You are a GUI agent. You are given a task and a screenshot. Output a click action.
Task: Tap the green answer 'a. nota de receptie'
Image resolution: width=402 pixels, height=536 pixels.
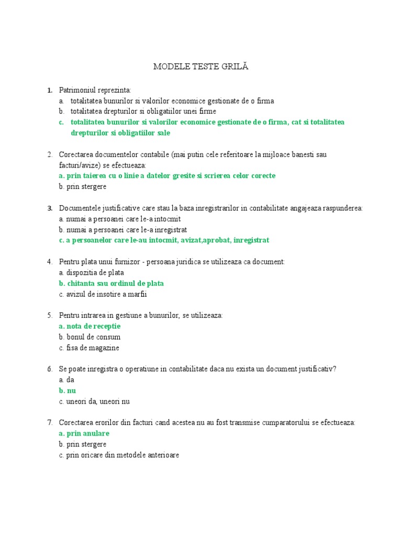[x=90, y=326]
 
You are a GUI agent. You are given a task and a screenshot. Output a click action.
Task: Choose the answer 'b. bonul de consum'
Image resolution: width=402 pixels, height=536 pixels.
[x=90, y=337]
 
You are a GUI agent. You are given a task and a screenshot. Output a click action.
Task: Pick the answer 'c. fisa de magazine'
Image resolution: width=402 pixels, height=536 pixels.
[x=89, y=348]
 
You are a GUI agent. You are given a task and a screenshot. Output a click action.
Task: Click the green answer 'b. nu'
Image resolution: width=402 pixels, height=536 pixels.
[x=68, y=390]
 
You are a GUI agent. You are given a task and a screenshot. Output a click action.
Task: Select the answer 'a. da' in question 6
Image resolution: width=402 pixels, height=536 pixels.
[x=68, y=380]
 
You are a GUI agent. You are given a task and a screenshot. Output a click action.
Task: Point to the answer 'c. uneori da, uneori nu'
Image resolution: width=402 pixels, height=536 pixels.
[x=94, y=401]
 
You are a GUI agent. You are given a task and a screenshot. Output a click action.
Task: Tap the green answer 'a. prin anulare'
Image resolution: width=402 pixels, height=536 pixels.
[x=84, y=433]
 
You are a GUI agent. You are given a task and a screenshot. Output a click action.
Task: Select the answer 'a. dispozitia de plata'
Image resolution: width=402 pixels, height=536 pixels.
[x=92, y=272]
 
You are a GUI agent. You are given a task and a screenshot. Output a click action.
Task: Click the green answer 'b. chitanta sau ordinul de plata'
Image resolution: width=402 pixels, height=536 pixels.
[x=111, y=283]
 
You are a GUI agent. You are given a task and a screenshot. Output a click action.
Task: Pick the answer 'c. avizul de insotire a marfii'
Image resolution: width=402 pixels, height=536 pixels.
[x=103, y=294]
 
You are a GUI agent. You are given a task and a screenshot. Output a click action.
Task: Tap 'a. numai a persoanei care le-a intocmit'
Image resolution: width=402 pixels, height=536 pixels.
[x=120, y=219]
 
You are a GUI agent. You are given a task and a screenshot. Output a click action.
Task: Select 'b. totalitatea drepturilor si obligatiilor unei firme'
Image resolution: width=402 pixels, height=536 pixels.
[x=137, y=111]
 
